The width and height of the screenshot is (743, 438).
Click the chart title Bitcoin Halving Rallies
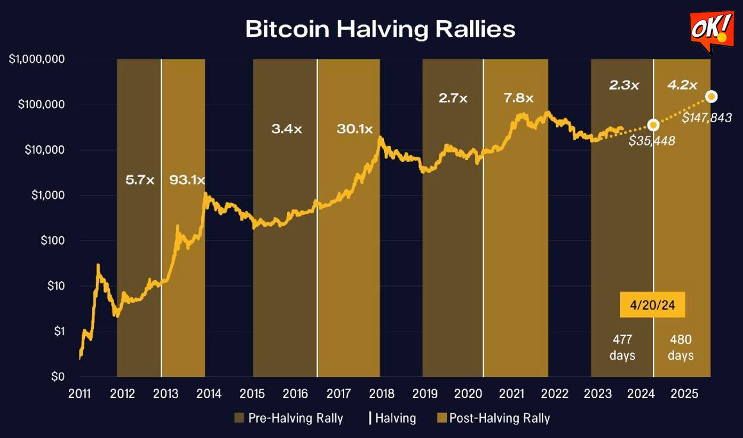380,29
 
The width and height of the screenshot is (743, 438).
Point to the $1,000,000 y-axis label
37,60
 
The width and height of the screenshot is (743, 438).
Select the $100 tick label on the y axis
50,241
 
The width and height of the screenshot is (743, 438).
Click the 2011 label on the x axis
80,393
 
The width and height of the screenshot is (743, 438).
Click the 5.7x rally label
139,179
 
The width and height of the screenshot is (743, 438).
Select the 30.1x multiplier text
354,129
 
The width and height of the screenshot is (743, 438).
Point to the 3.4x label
287,129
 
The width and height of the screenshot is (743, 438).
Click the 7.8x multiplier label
519,98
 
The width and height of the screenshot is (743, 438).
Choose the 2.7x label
453,98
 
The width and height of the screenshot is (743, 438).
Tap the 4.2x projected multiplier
682,85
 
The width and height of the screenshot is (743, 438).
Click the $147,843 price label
706,118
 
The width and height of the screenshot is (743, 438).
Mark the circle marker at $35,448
653,125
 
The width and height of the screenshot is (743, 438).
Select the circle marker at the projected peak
711,96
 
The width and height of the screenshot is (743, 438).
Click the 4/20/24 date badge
653,306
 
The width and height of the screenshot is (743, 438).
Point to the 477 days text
623,347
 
